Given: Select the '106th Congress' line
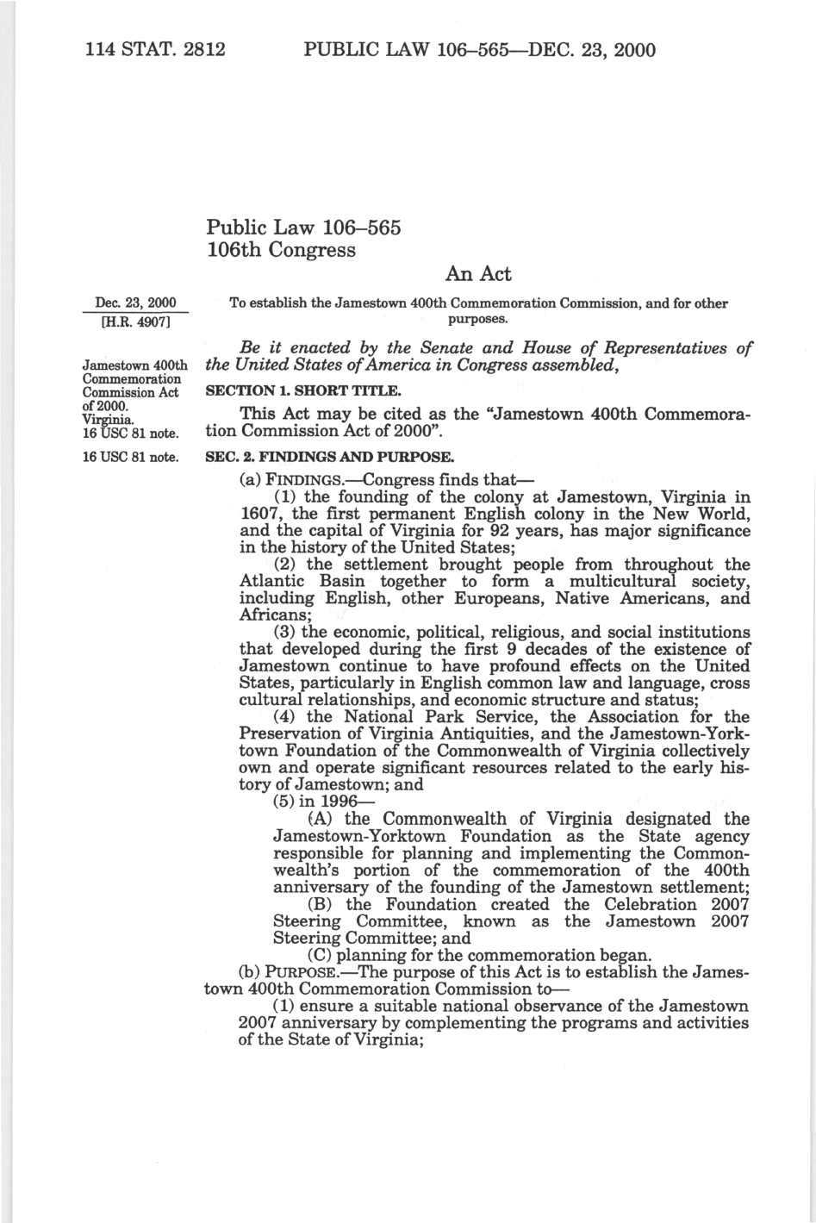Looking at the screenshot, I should tap(281, 250).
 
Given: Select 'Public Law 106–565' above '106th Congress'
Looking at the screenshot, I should tap(303, 228).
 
